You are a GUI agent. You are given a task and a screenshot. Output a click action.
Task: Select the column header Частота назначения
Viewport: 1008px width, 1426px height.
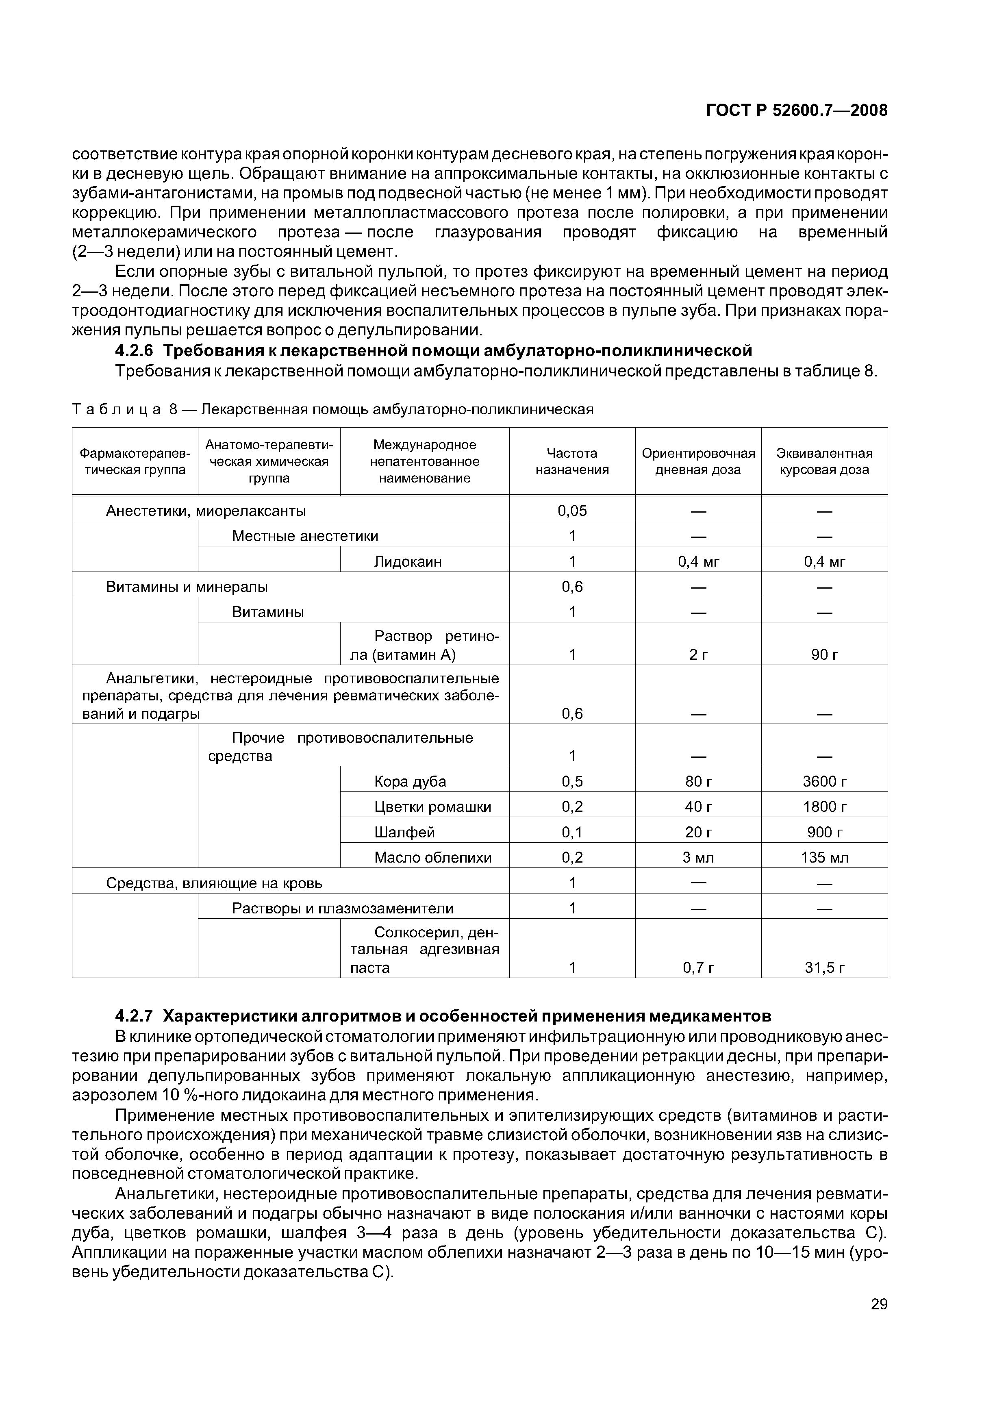572,461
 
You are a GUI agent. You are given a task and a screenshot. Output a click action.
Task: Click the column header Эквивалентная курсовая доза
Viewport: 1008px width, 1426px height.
824,461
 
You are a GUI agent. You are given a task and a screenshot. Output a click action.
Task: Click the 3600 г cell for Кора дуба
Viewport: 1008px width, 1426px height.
824,781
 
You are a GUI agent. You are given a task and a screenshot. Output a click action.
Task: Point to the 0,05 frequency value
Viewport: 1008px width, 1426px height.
572,511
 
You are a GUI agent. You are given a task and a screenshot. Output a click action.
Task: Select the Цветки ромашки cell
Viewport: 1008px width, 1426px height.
432,807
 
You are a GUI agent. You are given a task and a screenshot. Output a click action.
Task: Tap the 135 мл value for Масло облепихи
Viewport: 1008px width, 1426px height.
824,858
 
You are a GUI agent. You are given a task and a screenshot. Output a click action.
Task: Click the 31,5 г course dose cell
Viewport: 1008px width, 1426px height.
824,967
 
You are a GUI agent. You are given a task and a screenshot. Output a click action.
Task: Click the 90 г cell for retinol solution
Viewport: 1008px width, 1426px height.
824,654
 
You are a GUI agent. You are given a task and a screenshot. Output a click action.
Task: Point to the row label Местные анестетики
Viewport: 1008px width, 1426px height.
305,536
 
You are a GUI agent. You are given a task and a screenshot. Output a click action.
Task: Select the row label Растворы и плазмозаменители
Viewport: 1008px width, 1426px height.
342,909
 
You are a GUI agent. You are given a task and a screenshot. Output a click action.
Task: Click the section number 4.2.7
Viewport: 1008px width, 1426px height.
134,1016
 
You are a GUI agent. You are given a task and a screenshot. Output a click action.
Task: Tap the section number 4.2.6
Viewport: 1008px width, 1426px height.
134,351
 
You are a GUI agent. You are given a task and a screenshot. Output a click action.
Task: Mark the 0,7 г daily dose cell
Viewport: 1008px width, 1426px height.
698,967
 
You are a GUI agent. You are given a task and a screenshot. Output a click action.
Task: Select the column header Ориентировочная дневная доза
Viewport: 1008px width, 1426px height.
698,461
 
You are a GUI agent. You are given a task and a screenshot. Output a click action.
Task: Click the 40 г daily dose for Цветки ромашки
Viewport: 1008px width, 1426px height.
698,807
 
